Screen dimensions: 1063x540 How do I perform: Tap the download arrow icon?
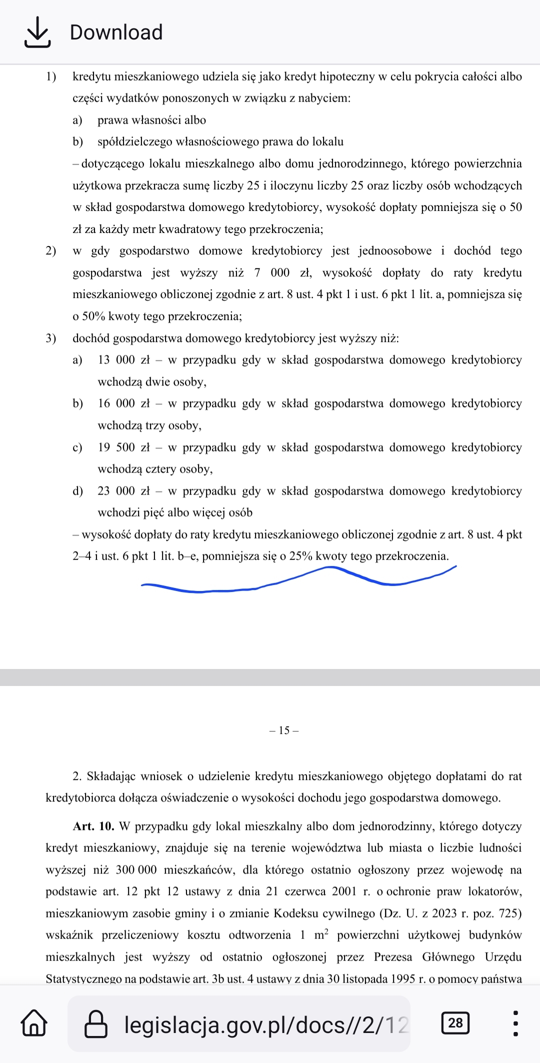pos(37,32)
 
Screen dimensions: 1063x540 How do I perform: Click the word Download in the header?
pos(116,32)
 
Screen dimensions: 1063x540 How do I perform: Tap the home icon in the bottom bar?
pos(34,1023)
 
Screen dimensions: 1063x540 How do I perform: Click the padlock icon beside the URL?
pos(96,1023)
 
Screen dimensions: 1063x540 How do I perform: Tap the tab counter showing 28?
pos(455,1022)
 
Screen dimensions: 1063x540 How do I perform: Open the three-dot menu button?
pos(515,1023)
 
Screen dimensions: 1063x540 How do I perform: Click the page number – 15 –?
pos(284,730)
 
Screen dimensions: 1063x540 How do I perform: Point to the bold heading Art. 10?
pos(94,826)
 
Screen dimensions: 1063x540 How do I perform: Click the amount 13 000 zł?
pos(123,360)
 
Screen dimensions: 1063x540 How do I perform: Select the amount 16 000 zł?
pos(123,403)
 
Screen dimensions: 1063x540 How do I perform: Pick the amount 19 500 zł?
pos(123,447)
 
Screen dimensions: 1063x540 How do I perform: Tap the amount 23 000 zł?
pos(123,491)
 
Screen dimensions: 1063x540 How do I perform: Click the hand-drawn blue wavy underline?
pos(300,580)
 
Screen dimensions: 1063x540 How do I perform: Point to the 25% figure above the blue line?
pos(301,556)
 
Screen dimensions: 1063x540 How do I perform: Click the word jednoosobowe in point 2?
pos(395,251)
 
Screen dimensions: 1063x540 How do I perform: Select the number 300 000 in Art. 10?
pos(136,870)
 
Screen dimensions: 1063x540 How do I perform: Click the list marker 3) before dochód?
pos(51,338)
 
